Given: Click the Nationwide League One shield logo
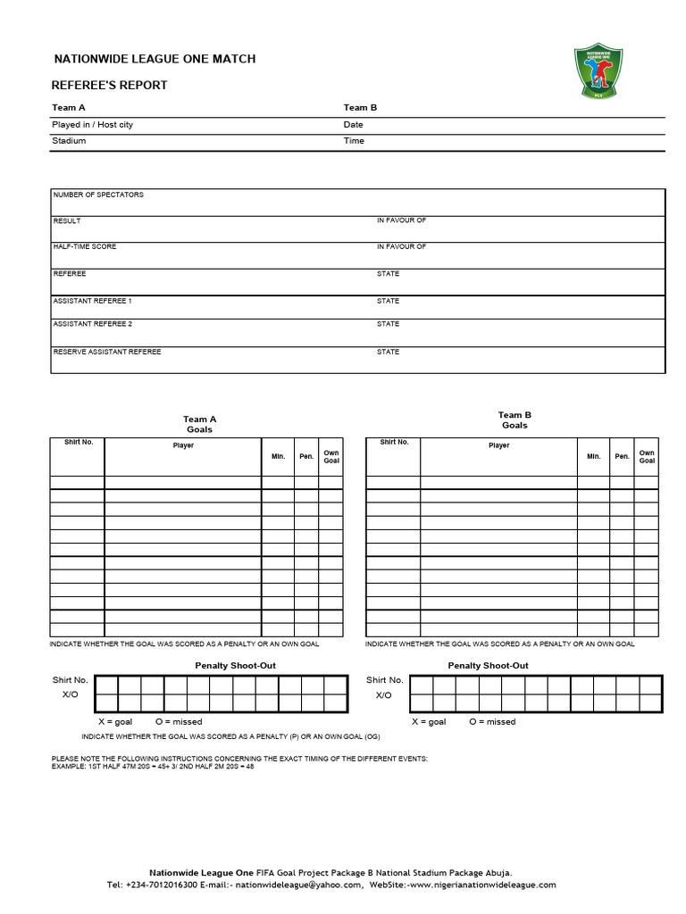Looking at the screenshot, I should (x=598, y=72).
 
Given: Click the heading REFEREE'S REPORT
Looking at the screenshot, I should (x=110, y=86).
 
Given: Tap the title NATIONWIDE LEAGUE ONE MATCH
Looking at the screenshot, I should (x=155, y=59).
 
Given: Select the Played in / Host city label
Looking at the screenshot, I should (x=93, y=125).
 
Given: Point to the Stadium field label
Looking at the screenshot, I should (x=70, y=141).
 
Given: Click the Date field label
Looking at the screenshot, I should (x=354, y=125).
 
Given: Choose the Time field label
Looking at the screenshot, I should (x=354, y=141).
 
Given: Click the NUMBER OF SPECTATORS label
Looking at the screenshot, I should (x=98, y=195).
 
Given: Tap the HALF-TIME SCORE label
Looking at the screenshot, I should (x=85, y=246).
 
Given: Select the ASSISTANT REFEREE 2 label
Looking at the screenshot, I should (x=93, y=324).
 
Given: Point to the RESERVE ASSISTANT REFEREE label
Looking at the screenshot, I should (x=107, y=352).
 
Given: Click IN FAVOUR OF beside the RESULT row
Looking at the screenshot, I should (x=401, y=220).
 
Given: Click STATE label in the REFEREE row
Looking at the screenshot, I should (x=388, y=274).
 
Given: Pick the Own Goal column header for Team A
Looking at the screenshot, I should (x=331, y=456).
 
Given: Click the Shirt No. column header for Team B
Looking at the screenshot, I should (x=394, y=443).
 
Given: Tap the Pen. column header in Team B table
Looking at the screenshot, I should (x=622, y=456).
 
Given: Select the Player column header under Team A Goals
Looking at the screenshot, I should (x=183, y=445).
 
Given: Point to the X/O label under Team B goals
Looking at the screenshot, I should (x=383, y=694).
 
